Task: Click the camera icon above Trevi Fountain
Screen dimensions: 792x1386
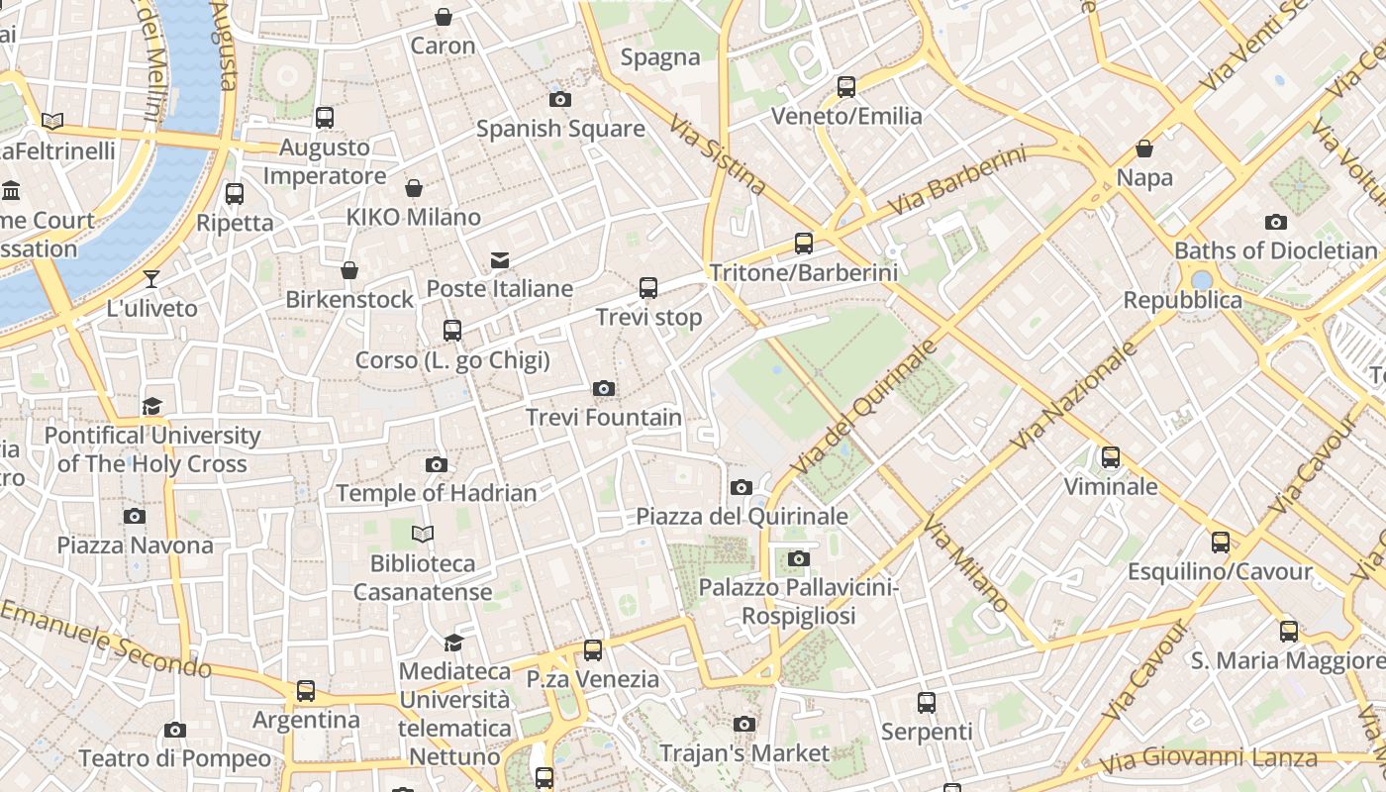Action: point(604,388)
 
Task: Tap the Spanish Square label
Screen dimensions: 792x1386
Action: point(560,129)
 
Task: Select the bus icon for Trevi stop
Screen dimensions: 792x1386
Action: point(648,288)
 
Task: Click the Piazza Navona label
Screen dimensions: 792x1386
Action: point(135,545)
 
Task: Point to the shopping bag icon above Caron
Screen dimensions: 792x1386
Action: point(444,17)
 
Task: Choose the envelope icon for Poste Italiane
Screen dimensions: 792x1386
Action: point(500,260)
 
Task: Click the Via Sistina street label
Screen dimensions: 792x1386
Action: point(718,154)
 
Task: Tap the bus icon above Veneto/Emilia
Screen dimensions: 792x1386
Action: point(846,87)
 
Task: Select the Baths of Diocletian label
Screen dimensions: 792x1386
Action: point(1275,250)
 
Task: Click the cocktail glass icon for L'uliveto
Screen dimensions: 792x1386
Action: point(151,279)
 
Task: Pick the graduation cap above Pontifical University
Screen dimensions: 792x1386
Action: point(151,406)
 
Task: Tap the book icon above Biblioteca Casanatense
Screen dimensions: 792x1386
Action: point(423,535)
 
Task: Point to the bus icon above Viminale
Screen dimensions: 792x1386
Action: point(1111,457)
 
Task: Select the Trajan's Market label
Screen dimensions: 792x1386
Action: point(744,753)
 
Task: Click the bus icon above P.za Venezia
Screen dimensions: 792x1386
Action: point(593,650)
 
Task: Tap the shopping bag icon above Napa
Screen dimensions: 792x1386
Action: point(1144,148)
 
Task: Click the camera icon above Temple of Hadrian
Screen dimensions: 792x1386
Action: point(437,464)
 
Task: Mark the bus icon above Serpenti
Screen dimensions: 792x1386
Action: point(927,703)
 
